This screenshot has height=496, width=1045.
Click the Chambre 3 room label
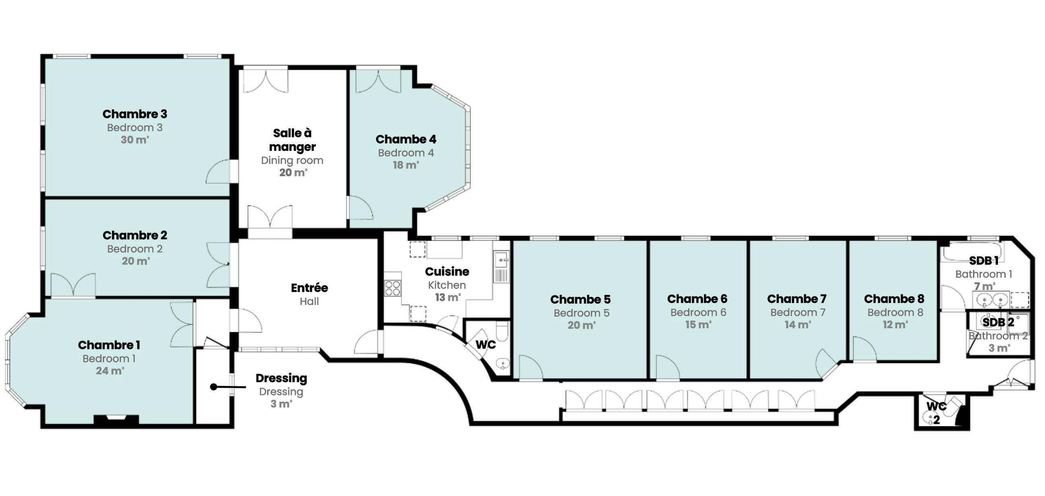135,114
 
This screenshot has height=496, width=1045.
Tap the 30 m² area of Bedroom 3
135,140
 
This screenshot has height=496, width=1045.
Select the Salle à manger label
292,140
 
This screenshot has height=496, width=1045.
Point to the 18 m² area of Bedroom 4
406,165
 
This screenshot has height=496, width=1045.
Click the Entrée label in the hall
309,288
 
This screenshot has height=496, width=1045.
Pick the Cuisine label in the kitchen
447,272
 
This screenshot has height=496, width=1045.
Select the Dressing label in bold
281,379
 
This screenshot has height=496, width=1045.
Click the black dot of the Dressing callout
213,387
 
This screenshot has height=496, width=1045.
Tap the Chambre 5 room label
580,299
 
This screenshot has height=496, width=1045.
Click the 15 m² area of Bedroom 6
698,325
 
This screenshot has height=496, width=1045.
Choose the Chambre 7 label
797,299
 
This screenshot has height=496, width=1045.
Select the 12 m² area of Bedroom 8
895,325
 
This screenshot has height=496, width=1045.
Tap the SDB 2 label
998,322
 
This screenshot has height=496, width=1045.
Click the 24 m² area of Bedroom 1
110,371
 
